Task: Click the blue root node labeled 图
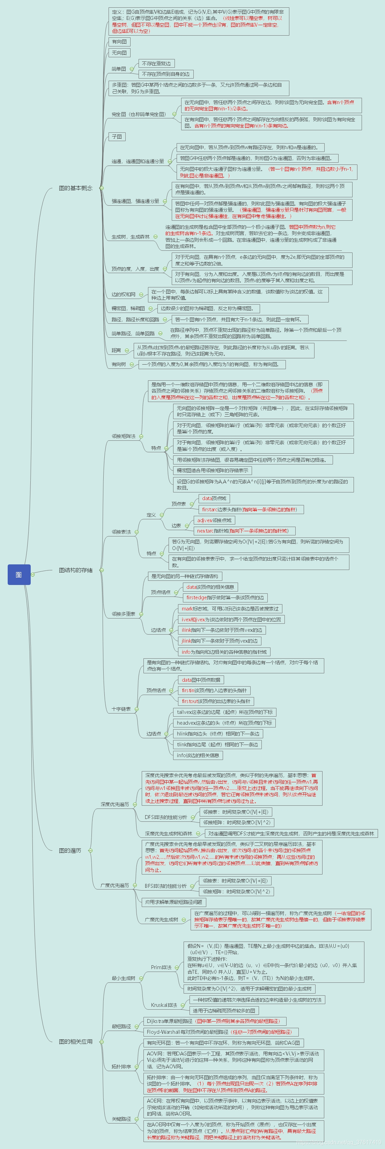[19, 574]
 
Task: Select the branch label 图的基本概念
[75, 188]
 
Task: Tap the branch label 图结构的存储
[75, 570]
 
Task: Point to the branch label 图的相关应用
[75, 1041]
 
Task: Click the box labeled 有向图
[119, 42]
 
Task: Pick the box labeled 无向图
[119, 53]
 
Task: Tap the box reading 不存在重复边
[156, 63]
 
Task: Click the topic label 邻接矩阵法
[124, 436]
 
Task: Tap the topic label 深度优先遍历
[114, 804]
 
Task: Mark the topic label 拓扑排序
[121, 1067]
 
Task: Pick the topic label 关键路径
[121, 1119]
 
